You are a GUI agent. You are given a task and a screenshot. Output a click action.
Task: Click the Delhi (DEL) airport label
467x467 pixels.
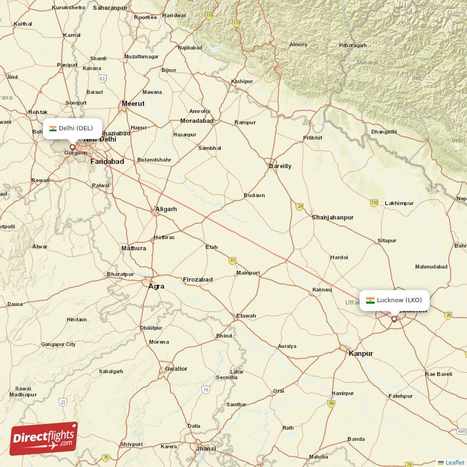pos(72,128)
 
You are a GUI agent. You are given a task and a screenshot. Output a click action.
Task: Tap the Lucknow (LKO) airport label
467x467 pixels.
pos(394,300)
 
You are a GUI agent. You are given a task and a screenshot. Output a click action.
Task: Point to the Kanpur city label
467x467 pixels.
pos(360,353)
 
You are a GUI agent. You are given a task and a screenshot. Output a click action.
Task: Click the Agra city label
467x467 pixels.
pos(156,286)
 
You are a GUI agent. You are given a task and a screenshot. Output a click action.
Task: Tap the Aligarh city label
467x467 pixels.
pos(166,209)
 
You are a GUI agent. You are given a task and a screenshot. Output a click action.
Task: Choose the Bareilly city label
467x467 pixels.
pos(280,166)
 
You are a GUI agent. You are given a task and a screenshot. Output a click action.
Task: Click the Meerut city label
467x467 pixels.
pos(133,104)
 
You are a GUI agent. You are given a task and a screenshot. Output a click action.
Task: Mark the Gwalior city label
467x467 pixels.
pos(176,368)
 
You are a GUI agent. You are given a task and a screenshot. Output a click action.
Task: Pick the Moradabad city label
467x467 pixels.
pos(197,121)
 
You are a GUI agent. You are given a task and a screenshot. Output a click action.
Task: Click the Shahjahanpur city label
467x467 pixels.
pos(333,217)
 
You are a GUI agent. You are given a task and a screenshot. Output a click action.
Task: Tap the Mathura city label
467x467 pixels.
pos(134,248)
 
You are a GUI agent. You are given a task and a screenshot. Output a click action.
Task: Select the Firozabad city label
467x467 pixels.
pos(198,280)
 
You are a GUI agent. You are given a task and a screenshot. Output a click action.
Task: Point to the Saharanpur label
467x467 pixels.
pos(110,8)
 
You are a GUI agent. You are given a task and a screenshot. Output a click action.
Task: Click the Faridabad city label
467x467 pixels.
pos(107,161)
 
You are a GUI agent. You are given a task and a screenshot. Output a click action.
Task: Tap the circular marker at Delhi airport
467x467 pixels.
pos(72,147)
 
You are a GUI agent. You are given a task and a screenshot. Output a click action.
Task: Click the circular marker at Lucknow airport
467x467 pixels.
pos(394,319)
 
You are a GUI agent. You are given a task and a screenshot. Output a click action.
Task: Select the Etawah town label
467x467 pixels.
pos(246,316)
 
